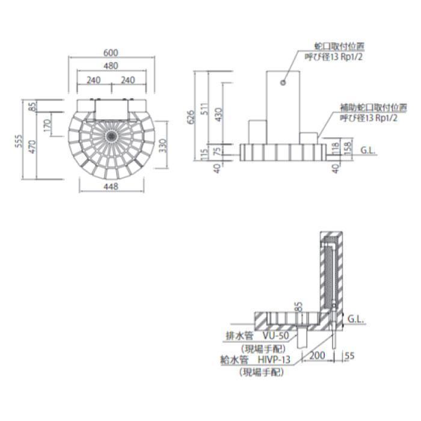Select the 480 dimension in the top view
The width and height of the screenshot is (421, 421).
(x=111, y=66)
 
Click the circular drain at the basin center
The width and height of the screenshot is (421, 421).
(x=111, y=135)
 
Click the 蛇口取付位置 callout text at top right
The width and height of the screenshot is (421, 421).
(x=339, y=45)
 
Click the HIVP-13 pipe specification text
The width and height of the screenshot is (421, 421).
(x=274, y=360)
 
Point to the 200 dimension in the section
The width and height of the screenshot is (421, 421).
(x=318, y=356)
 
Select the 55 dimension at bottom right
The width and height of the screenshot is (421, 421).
(x=351, y=356)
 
